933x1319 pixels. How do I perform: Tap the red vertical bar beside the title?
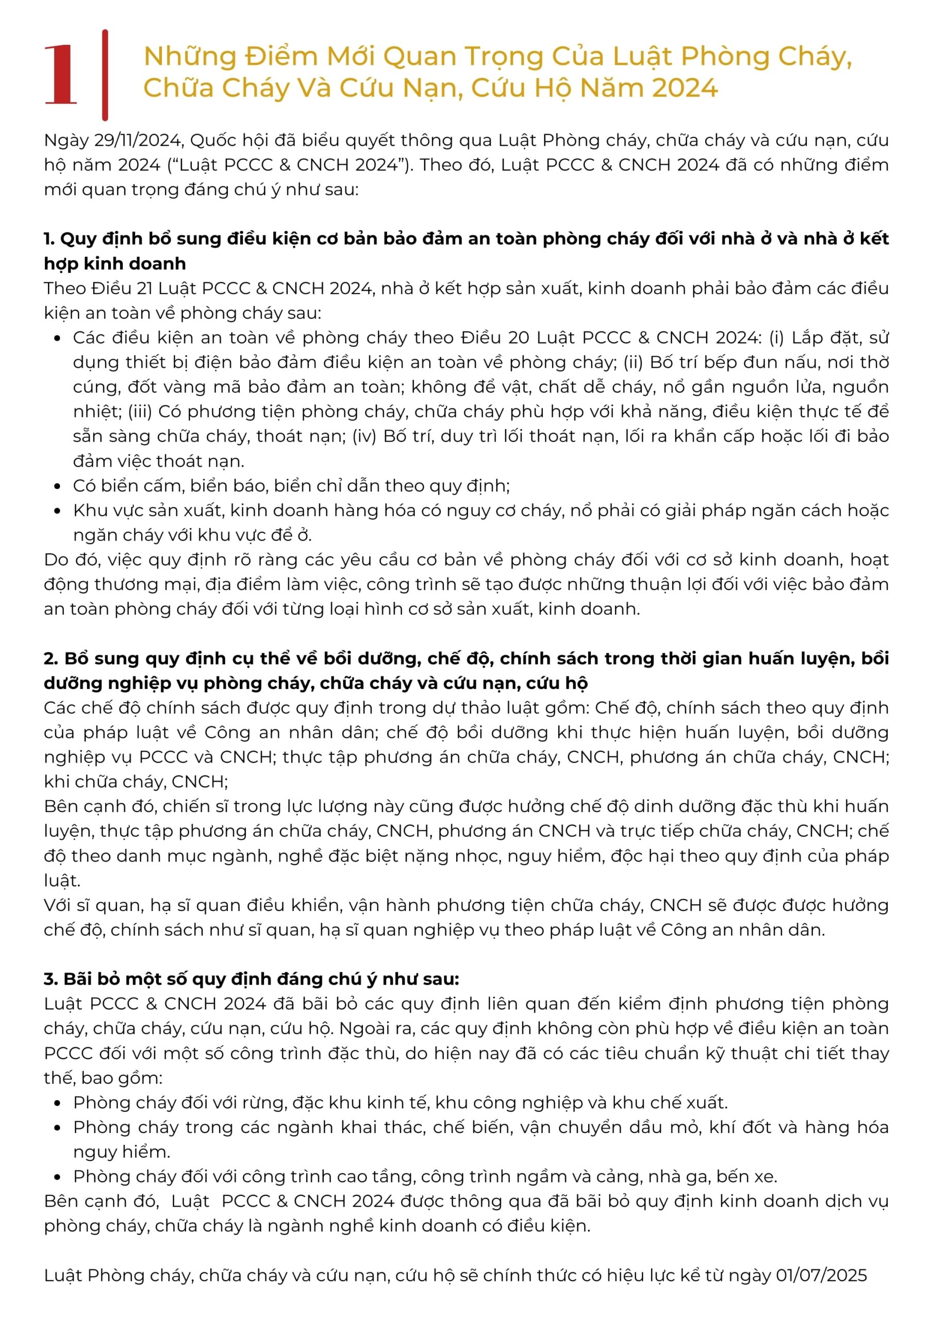105,75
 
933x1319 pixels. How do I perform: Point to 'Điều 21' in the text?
121,289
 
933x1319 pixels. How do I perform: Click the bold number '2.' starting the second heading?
51,658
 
